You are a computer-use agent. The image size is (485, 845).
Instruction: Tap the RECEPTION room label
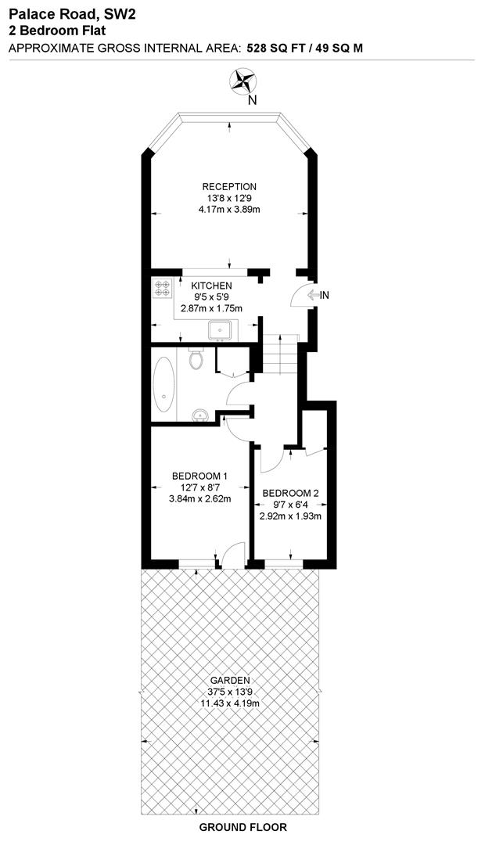(229, 187)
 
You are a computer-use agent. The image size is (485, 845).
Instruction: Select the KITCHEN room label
(212, 286)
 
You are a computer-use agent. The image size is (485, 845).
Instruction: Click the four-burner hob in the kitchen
(163, 289)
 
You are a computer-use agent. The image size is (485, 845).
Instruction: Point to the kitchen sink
(221, 331)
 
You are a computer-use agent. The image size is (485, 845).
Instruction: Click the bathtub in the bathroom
(164, 385)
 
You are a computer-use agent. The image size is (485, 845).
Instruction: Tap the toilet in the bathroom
(197, 361)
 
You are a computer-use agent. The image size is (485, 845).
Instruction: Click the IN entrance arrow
(319, 295)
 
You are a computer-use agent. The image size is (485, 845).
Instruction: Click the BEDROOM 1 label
(200, 476)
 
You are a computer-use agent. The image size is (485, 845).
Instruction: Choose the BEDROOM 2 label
(291, 493)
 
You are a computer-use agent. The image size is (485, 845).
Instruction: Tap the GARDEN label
(229, 681)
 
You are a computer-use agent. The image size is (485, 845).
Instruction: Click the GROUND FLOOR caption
(243, 827)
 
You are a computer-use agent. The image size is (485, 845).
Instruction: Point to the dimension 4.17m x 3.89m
(229, 210)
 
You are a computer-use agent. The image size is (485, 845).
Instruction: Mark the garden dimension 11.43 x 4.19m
(229, 703)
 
